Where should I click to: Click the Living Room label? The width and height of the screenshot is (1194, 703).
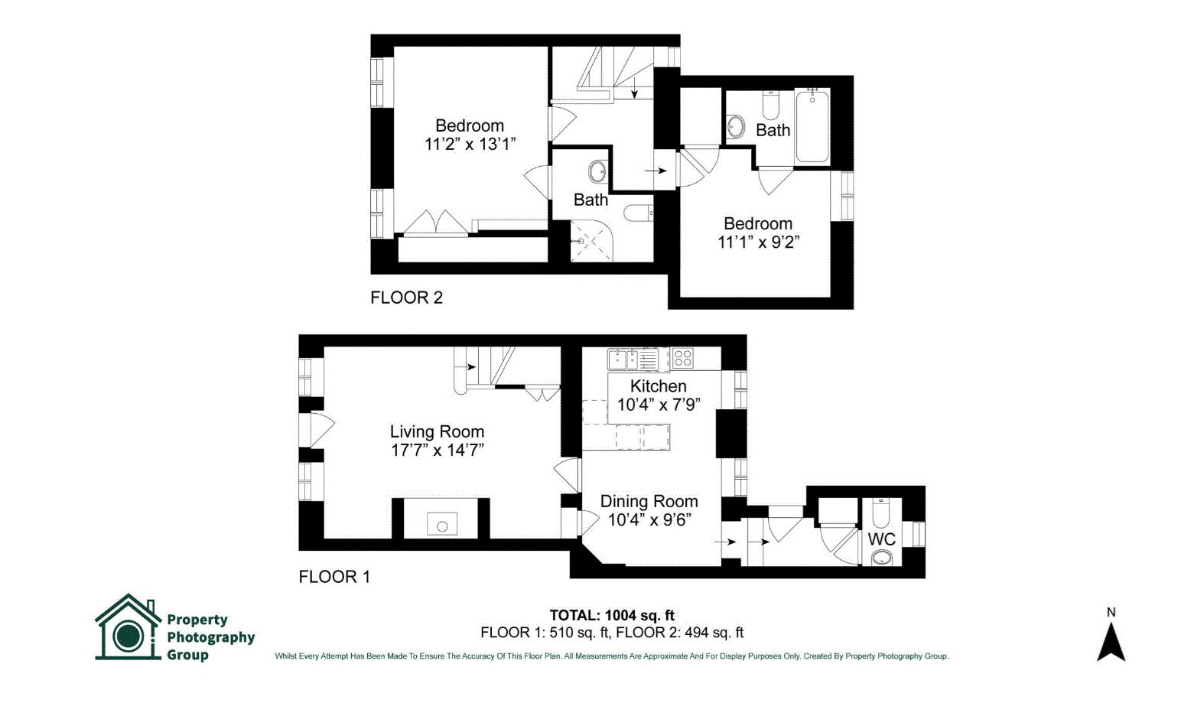point(437,431)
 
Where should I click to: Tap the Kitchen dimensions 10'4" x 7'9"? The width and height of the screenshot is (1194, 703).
point(659,405)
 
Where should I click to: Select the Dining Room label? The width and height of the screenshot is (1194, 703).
point(649,501)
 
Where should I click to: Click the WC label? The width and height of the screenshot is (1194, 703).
point(882,539)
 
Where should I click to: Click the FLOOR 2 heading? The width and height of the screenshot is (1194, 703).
point(407,298)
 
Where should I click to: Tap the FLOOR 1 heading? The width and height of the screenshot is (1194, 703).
point(334,577)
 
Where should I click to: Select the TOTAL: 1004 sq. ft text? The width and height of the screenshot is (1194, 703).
point(612,616)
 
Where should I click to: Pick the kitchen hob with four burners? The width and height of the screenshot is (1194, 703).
point(683,358)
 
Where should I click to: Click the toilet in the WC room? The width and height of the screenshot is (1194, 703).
point(880,513)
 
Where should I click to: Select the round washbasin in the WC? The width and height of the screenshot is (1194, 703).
point(881,558)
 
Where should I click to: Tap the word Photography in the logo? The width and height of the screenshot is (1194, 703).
point(211,637)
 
